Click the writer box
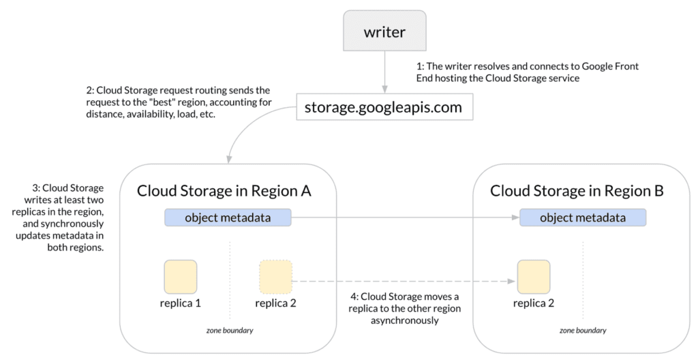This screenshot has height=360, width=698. coord(384,32)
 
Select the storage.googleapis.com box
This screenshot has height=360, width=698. coord(384,107)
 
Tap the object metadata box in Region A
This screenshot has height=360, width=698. coord(228,218)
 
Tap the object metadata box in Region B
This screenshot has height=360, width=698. coord(582,218)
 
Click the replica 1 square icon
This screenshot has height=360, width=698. coord(180,277)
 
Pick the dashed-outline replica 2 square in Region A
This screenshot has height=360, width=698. coord(275,277)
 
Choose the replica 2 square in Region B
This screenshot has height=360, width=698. coord(534,277)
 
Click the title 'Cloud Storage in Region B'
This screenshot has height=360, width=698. coord(577,190)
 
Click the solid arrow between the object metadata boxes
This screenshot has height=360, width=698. coord(402,219)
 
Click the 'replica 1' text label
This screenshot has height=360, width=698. coord(180,303)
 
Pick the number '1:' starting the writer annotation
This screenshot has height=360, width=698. coord(421,67)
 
